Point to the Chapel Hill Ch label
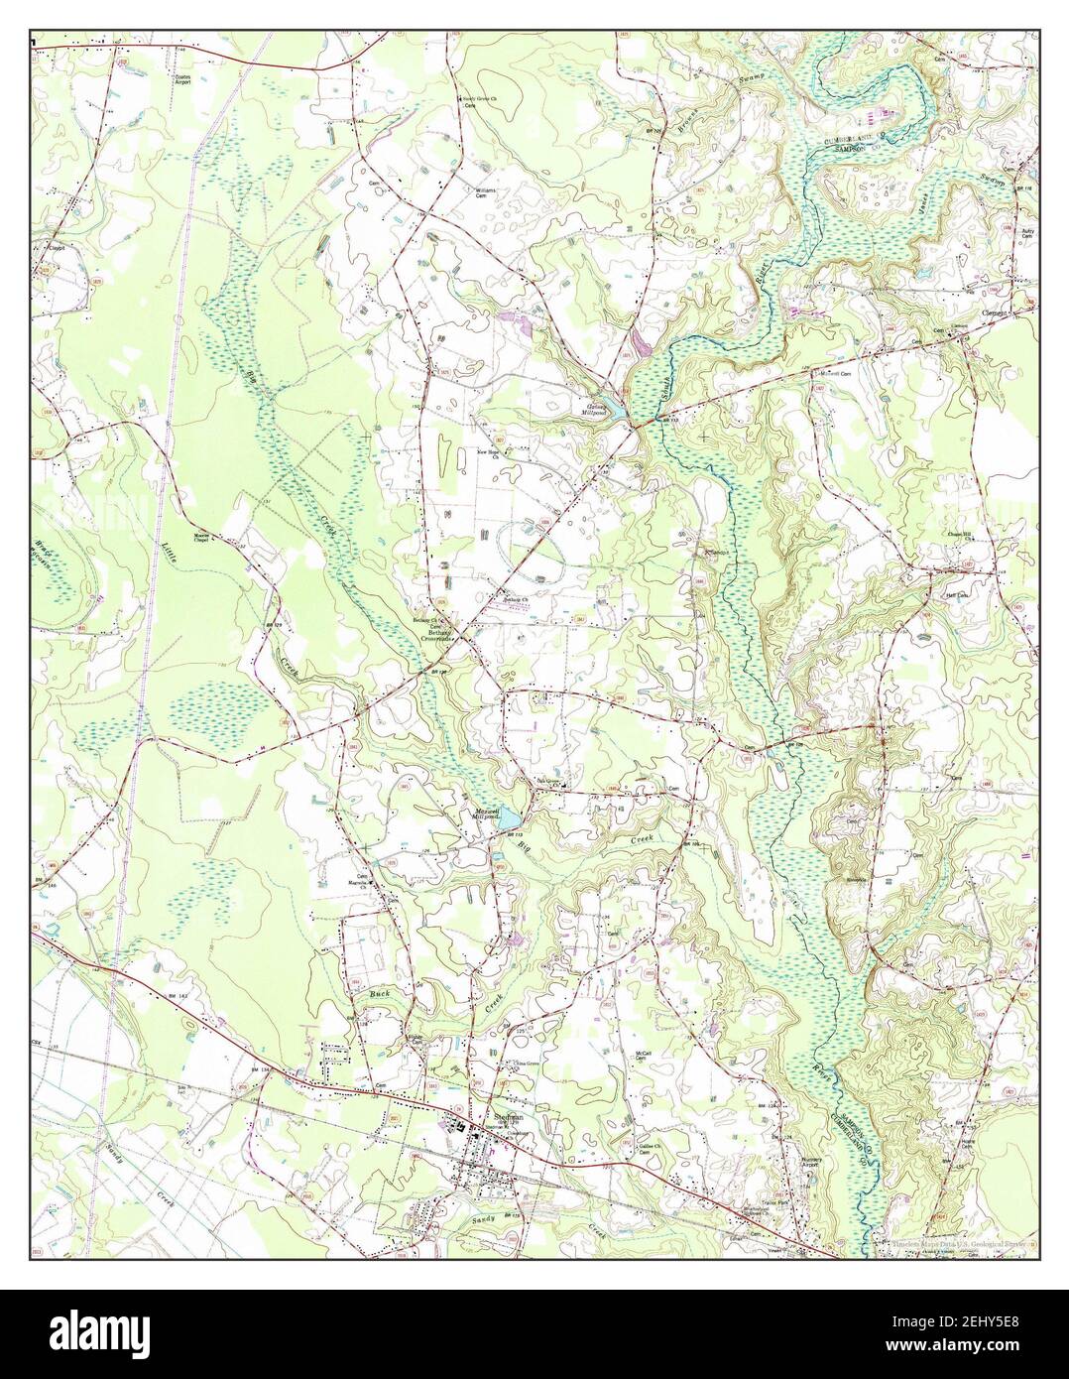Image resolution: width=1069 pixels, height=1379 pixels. tap(960, 539)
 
